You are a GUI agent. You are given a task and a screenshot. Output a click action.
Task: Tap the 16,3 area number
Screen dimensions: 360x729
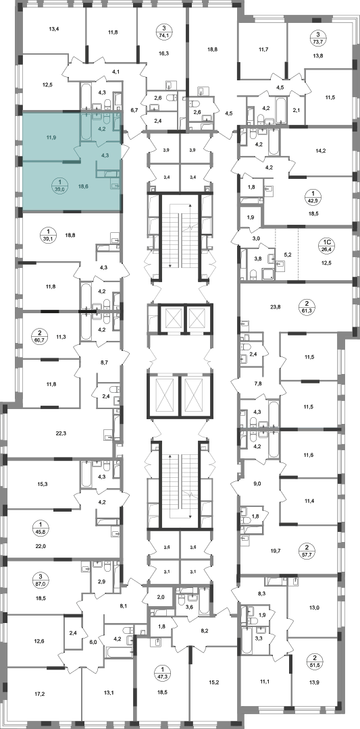coord(163,53)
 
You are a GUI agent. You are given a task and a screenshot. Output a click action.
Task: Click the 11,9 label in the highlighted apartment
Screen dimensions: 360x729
coord(45,138)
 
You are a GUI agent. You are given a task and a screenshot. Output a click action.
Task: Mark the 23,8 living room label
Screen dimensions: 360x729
coord(276,306)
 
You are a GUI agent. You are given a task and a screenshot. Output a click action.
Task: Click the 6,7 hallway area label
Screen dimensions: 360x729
coord(134,110)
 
